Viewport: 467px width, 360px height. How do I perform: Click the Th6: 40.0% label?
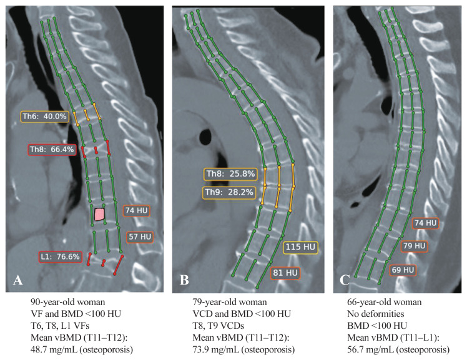pyautogui.click(x=46, y=116)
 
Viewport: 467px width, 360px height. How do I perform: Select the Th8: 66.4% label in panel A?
pyautogui.click(x=52, y=150)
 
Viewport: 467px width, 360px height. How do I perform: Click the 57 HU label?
pyautogui.click(x=139, y=236)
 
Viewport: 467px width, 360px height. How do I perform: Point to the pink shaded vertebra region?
pyautogui.click(x=99, y=214)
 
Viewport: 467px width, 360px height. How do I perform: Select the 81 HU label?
pyautogui.click(x=285, y=272)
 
